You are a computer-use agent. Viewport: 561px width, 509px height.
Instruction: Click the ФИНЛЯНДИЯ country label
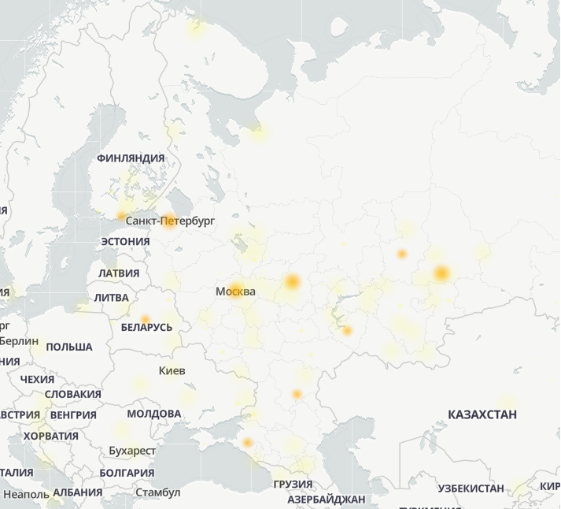pos(131,158)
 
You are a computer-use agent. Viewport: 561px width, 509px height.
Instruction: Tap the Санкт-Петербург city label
pos(170,221)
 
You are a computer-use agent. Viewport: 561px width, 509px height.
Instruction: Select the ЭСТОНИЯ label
pos(125,241)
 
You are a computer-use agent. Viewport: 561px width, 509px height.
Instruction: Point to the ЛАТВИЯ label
pos(119,273)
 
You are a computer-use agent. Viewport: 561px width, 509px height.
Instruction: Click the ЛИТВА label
pos(111,298)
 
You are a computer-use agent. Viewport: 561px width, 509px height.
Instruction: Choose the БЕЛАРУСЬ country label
pos(146,327)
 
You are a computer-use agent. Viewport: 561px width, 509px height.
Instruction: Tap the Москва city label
pos(235,292)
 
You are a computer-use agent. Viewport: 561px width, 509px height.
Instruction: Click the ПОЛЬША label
pos(69,347)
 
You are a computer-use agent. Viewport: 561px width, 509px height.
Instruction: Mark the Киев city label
pos(172,370)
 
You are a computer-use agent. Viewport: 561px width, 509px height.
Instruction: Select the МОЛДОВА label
pos(153,414)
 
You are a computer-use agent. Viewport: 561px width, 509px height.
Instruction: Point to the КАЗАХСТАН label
pos(482,414)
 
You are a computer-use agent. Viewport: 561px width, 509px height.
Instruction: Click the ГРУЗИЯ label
pos(293,484)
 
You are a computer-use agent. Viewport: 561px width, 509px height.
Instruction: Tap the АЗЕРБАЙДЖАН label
pos(326,500)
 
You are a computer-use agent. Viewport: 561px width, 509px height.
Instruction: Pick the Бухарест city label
pos(132,451)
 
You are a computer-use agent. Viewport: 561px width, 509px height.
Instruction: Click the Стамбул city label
pos(157,492)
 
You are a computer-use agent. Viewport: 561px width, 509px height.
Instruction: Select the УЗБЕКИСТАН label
pos(471,489)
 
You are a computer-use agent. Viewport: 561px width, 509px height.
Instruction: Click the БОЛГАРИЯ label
pos(127,473)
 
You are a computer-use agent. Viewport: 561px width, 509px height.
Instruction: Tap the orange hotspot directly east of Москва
pos(293,281)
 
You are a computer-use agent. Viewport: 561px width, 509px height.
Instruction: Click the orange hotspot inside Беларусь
pos(145,319)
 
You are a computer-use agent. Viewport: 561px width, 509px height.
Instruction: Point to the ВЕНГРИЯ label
pos(73,414)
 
